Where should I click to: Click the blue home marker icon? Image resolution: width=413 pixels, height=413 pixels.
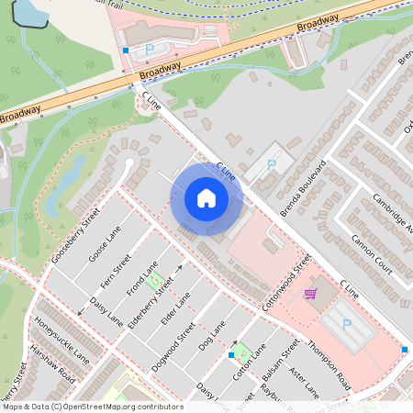coord(206,198)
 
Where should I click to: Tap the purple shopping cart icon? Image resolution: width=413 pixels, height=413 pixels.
coord(310,294)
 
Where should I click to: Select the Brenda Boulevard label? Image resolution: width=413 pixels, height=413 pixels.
coord(304,191)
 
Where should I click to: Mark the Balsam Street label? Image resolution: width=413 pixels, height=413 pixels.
coord(281,364)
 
